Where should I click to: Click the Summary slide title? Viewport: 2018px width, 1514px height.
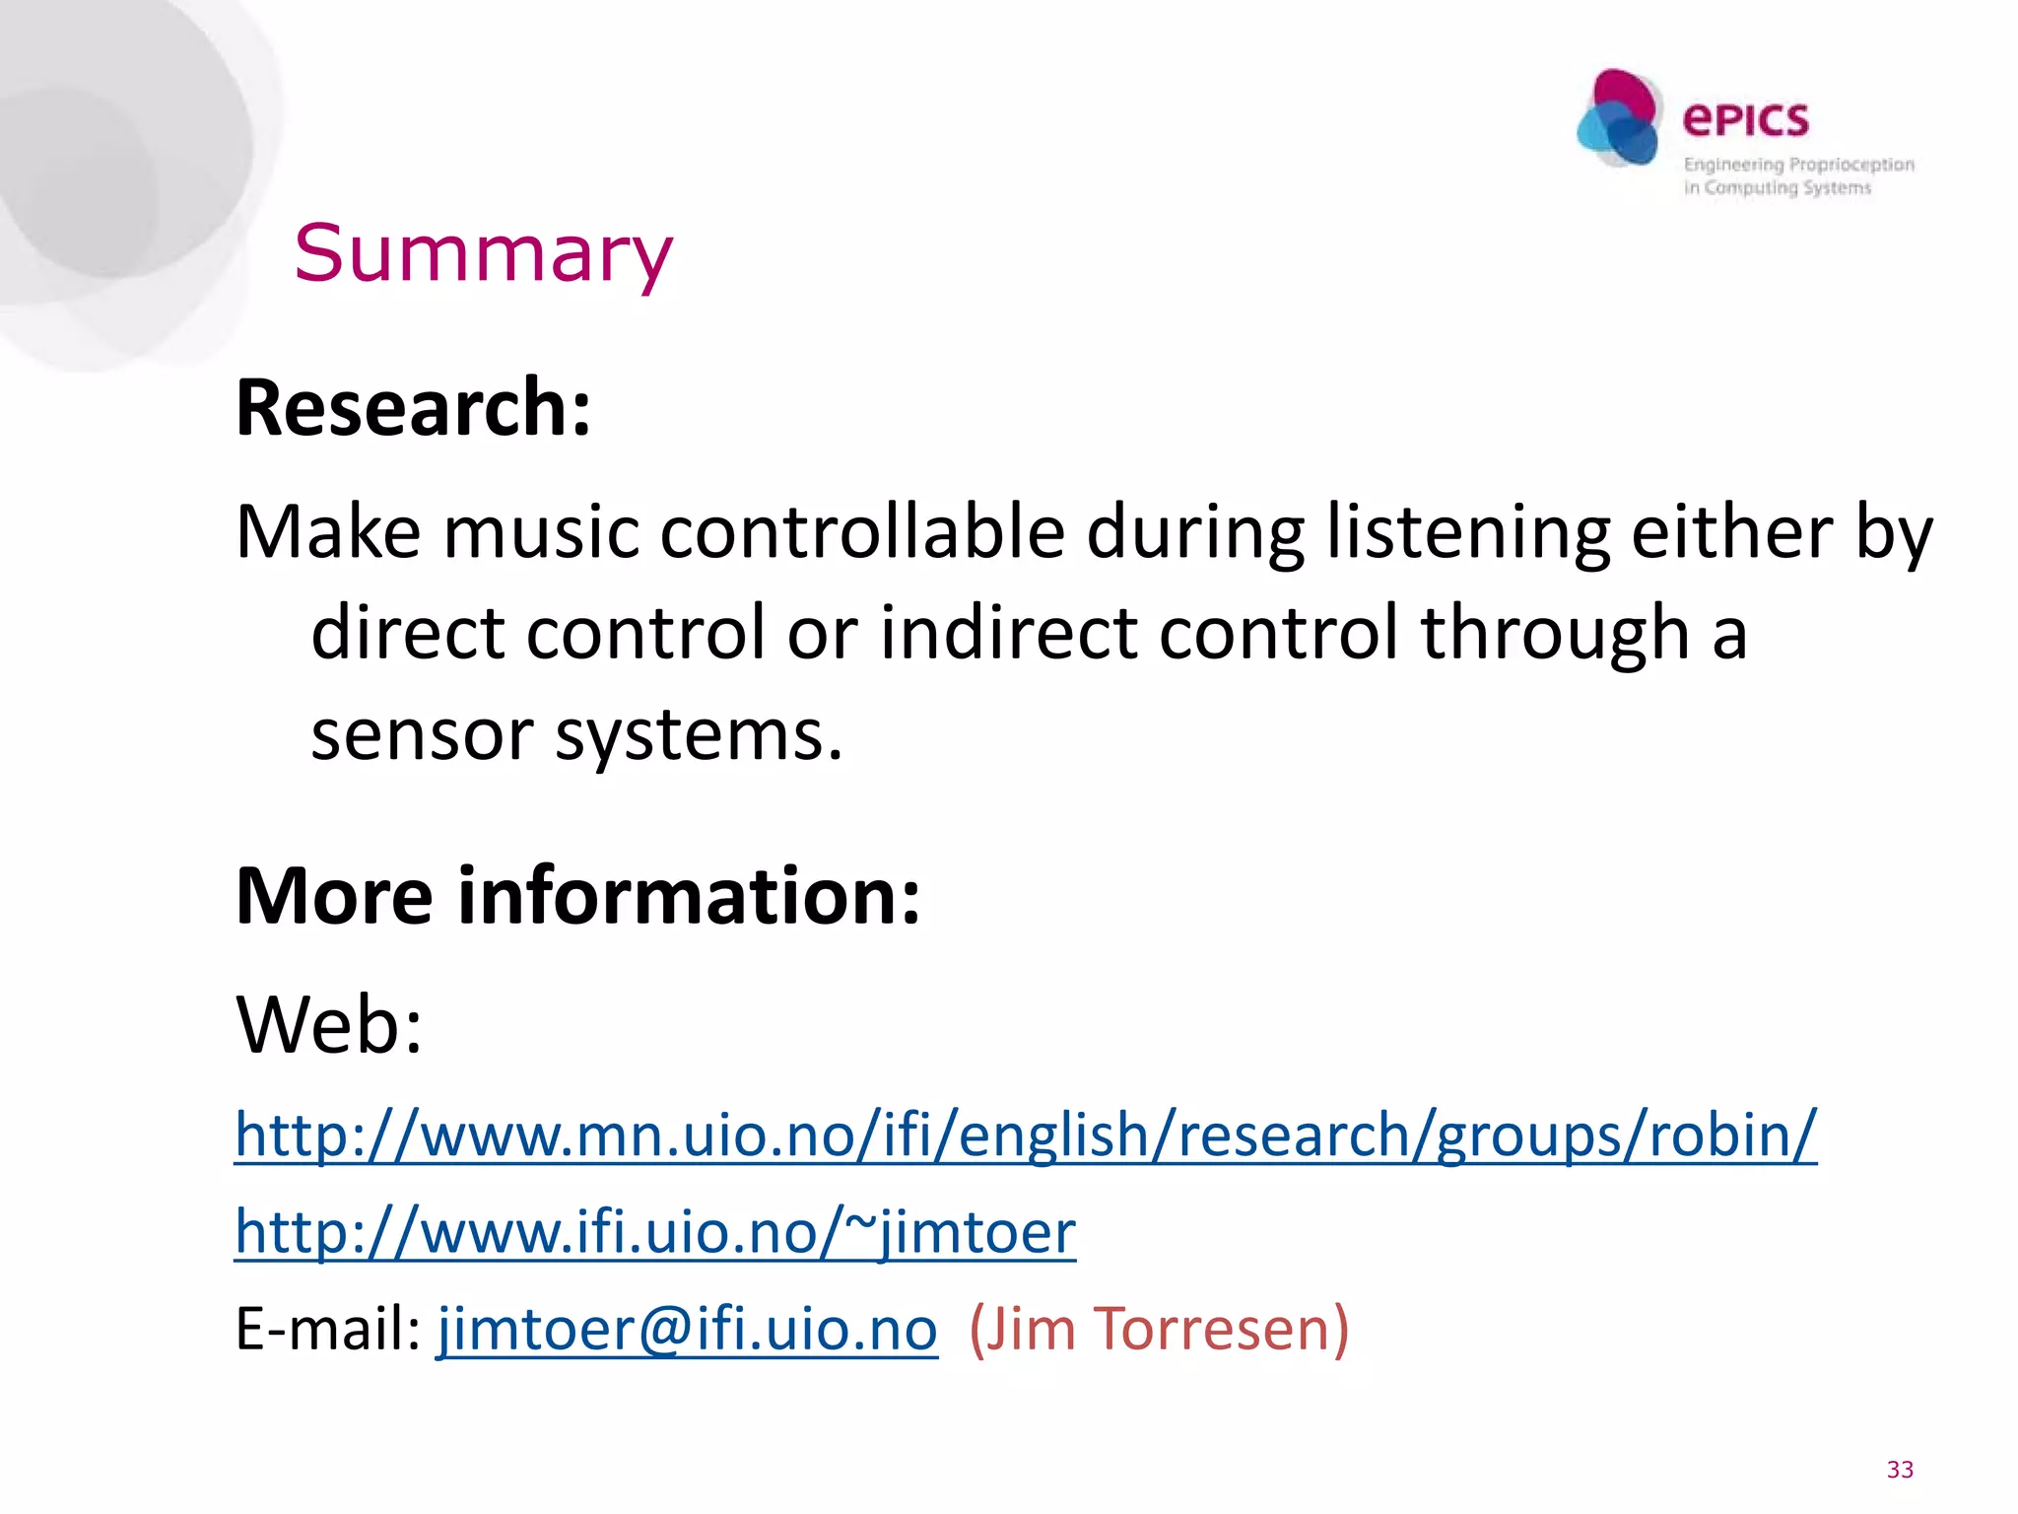483,253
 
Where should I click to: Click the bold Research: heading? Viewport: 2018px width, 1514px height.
414,407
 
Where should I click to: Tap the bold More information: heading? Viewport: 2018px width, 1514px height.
578,895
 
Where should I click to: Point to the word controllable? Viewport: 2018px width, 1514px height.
862,532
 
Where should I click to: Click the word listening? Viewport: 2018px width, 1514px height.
1468,532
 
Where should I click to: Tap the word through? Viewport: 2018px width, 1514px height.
1555,633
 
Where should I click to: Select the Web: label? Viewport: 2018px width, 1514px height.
329,1025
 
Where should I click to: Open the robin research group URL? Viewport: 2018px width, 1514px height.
1025,1135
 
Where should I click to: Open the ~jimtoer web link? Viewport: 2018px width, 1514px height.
655,1232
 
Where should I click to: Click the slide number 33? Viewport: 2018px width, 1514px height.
1899,1470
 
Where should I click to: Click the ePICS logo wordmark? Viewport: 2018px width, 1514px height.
1745,120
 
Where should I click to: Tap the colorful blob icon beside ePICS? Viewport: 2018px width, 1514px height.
1618,118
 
